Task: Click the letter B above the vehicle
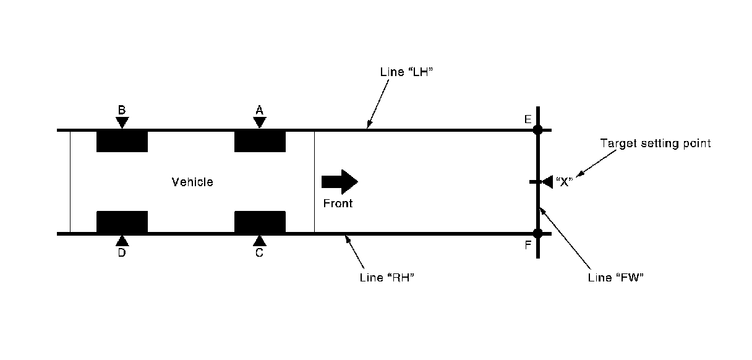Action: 122,110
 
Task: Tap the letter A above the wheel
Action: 260,110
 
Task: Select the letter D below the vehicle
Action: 122,253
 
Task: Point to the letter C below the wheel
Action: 260,253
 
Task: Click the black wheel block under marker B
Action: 122,141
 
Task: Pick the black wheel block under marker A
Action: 260,141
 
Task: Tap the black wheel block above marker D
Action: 122,221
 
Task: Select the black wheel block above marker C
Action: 260,221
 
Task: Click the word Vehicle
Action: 192,182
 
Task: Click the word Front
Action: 338,203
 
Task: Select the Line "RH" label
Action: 387,277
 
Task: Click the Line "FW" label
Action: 616,277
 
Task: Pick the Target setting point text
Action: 656,144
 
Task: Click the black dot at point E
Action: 537,130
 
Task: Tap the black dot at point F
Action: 537,233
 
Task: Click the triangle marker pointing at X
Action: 547,181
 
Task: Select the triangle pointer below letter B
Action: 122,122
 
